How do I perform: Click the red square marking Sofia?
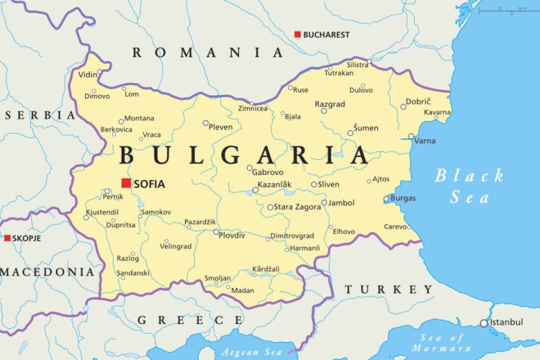[x=126, y=182]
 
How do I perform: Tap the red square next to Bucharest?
[x=297, y=34]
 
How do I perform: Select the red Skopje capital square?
[x=7, y=238]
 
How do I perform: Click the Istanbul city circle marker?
[x=484, y=323]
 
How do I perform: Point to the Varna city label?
[x=425, y=141]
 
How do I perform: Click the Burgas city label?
[x=403, y=199]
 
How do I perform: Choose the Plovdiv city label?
[x=232, y=235]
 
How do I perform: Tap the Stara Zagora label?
[x=297, y=207]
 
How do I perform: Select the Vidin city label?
[x=88, y=74]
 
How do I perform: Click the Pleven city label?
[x=221, y=127]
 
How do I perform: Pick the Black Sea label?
[x=469, y=186]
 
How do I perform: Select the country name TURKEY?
[x=389, y=289]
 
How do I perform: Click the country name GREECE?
[x=190, y=320]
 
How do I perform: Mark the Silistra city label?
[x=358, y=65]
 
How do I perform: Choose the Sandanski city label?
[x=133, y=272]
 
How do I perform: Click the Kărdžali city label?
[x=266, y=269]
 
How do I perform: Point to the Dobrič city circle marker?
[x=403, y=107]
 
